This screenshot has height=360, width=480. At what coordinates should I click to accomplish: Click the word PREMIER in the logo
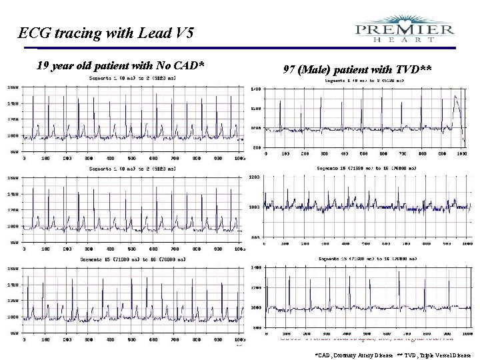(x=405, y=29)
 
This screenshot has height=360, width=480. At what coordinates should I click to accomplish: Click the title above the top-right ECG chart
(x=363, y=81)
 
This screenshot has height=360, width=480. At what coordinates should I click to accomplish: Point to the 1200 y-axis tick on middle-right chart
(x=254, y=177)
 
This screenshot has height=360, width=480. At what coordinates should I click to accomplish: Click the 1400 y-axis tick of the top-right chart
(x=255, y=89)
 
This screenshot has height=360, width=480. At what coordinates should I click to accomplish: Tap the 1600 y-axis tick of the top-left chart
(x=13, y=87)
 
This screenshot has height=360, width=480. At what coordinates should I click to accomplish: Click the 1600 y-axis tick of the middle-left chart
(x=13, y=178)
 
